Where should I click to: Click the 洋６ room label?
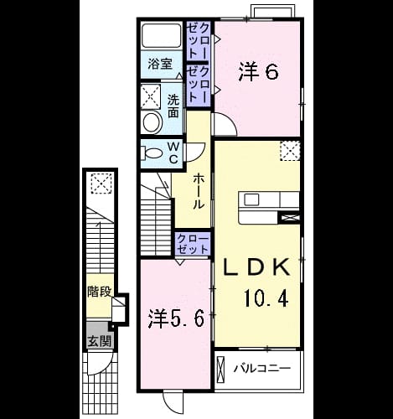coord(258,73)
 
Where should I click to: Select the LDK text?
coord(257,268)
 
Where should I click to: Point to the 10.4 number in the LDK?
coord(266,297)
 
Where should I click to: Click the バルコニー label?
coord(262,368)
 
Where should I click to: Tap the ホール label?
coord(198,191)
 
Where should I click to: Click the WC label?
coord(173,153)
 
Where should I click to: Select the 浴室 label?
coord(160,65)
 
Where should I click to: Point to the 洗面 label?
coord(173,106)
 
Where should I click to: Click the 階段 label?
coord(100,292)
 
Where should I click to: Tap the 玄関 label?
coord(100,341)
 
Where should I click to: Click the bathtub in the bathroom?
coord(162,35)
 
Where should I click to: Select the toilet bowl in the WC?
coord(152,153)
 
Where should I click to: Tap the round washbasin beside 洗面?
coord(153,122)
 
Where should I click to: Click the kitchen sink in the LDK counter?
coord(251,199)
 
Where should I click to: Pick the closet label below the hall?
coord(193,245)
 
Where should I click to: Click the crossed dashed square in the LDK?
coord(290,151)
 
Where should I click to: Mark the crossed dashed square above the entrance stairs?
coord(102,184)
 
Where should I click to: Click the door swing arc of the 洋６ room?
coord(229,120)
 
